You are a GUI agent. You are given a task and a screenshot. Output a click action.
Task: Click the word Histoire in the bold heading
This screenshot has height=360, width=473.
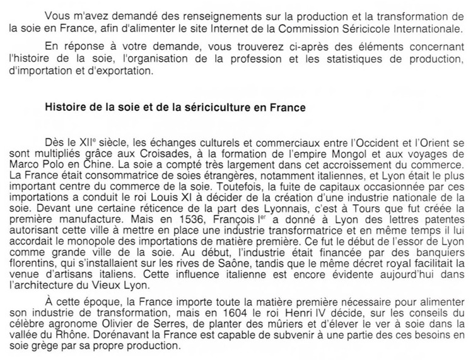click(65, 108)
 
